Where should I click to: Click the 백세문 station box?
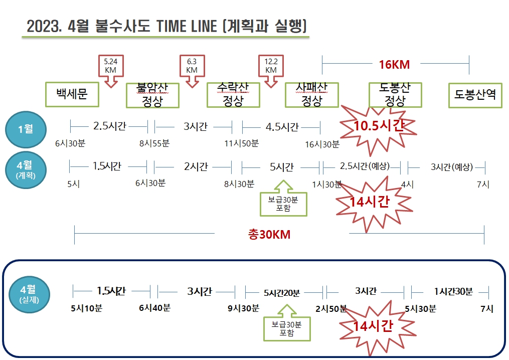(72, 94)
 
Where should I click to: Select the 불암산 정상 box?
(152, 95)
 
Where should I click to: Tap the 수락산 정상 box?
(233, 95)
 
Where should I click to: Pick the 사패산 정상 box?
(312, 95)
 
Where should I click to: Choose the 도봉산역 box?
(475, 95)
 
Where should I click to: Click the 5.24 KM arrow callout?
(111, 71)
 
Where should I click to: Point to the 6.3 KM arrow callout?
(192, 71)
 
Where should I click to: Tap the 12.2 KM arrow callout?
(271, 71)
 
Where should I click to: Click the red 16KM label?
(394, 65)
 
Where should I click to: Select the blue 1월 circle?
(26, 129)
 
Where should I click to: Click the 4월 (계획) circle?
(26, 170)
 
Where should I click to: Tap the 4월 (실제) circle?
(29, 294)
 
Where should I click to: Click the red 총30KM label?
(269, 234)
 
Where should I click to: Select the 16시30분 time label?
(322, 144)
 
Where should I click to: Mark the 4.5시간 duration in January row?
(282, 126)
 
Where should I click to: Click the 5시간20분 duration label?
(282, 293)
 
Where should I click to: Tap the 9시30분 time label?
(243, 308)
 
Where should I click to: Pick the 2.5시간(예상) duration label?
(365, 166)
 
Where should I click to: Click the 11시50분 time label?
(242, 143)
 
